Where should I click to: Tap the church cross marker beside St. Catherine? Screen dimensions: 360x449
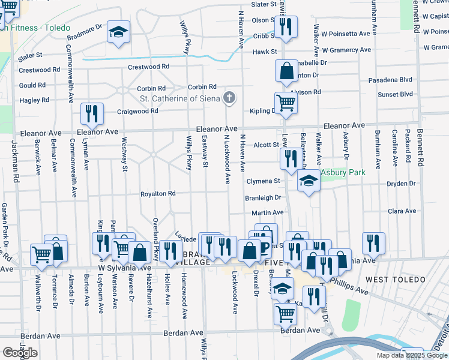[x=229, y=97]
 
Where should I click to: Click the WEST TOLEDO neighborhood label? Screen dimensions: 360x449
[x=395, y=280]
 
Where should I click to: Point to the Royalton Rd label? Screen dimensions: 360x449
[x=158, y=194]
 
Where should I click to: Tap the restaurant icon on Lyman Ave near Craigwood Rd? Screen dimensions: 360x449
[x=92, y=113]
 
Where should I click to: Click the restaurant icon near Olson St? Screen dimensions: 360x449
[x=285, y=27]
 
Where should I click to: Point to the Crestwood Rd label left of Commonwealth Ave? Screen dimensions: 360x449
[x=39, y=70]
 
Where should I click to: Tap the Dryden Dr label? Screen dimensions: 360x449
[x=401, y=184]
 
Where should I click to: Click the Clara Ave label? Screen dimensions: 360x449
[x=402, y=211]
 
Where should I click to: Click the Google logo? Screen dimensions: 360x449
[x=20, y=353]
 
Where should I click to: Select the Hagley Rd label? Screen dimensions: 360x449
[x=34, y=100]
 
